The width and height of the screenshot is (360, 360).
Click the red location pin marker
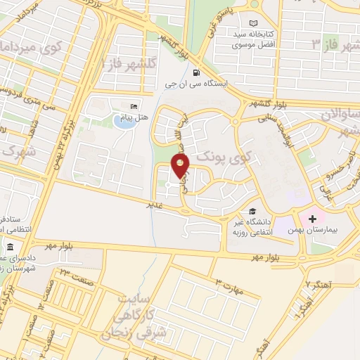click(x=181, y=167)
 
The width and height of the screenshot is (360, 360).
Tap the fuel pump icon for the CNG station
click(x=195, y=71)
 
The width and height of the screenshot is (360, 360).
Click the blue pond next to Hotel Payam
click(x=123, y=121)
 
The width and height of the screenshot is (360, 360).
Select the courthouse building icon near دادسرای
click(x=11, y=247)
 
